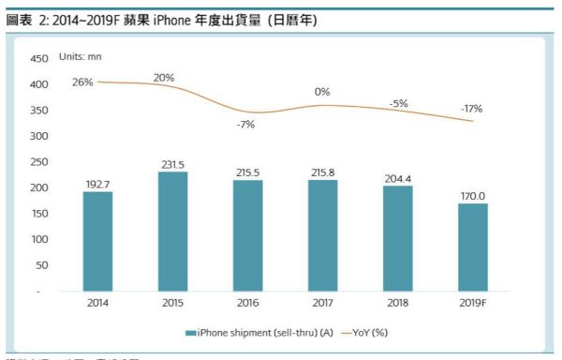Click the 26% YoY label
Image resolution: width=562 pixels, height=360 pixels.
(82, 82)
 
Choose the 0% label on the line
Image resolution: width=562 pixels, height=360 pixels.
(322, 92)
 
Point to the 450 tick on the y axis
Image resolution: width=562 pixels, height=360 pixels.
(39, 58)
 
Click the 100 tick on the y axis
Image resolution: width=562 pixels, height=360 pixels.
(39, 240)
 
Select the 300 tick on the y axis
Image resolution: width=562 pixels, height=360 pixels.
(39, 136)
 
